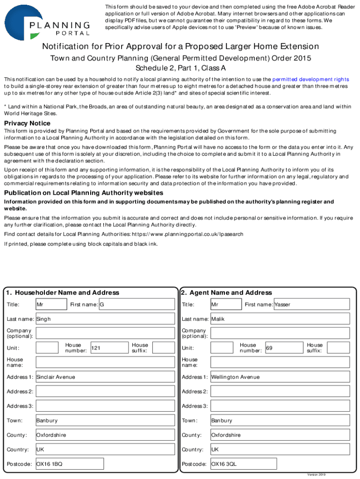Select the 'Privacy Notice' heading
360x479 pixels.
click(x=27, y=123)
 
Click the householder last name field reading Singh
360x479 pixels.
click(x=105, y=319)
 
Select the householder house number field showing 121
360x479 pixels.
click(x=108, y=348)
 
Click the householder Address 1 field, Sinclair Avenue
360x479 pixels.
click(x=105, y=377)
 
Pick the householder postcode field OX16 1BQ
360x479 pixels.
click(x=69, y=464)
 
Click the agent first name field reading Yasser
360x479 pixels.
click(x=311, y=305)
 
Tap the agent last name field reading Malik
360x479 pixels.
click(x=280, y=319)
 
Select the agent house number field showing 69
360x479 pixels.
click(x=283, y=348)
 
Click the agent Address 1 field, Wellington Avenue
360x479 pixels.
click(x=280, y=377)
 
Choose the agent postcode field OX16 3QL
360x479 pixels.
click(x=244, y=464)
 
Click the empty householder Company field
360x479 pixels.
click(x=105, y=333)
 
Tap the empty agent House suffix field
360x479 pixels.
click(x=338, y=348)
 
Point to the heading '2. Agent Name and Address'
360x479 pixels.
click(x=226, y=293)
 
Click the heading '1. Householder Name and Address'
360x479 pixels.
click(x=63, y=293)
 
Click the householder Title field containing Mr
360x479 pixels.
click(x=51, y=305)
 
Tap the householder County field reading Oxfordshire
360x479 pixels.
click(x=105, y=435)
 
